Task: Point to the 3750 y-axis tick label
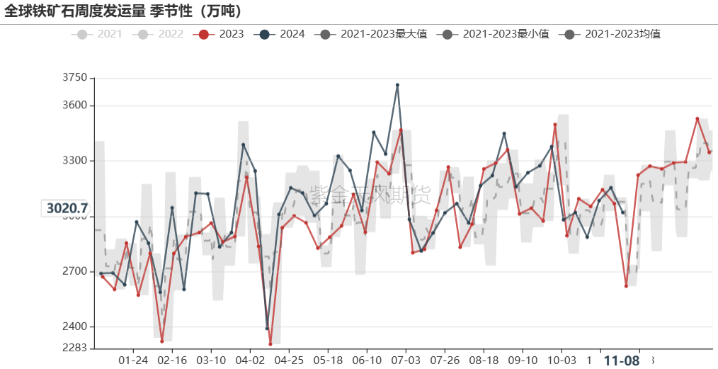point(74,78)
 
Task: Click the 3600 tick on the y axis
point(74,106)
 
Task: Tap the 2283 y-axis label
point(74,348)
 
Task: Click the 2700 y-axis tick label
point(74,271)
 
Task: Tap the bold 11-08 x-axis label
point(622,360)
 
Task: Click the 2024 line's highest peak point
point(397,85)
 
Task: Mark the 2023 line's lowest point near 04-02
point(270,344)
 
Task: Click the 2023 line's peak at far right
point(697,119)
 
